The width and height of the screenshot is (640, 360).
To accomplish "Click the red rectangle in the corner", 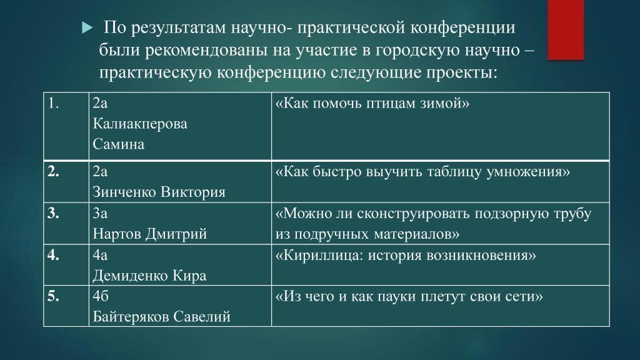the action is [x=566, y=30].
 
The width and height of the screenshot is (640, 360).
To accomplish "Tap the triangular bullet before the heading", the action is [x=87, y=28].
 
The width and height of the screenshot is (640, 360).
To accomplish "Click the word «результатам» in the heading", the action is [x=178, y=27].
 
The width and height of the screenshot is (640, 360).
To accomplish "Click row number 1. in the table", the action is [x=54, y=103].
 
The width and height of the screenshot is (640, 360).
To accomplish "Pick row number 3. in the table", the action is [x=53, y=213].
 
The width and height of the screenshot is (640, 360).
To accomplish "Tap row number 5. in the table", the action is [x=53, y=296].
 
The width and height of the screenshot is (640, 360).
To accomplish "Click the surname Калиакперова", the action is [x=140, y=124].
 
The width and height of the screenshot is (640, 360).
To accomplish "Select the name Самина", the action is [x=118, y=144].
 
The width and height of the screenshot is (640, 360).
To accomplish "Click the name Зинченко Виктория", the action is [x=159, y=192].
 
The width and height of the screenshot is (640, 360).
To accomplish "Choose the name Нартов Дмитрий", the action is [x=150, y=234].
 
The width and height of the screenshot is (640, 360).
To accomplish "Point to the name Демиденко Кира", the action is [x=149, y=276].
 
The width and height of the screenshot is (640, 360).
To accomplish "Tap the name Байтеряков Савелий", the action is [x=162, y=317].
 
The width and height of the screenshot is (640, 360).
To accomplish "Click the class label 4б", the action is [x=101, y=296].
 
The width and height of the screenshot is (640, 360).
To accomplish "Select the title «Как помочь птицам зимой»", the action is [x=372, y=103].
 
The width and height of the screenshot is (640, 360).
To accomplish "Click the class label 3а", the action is [x=100, y=213].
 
